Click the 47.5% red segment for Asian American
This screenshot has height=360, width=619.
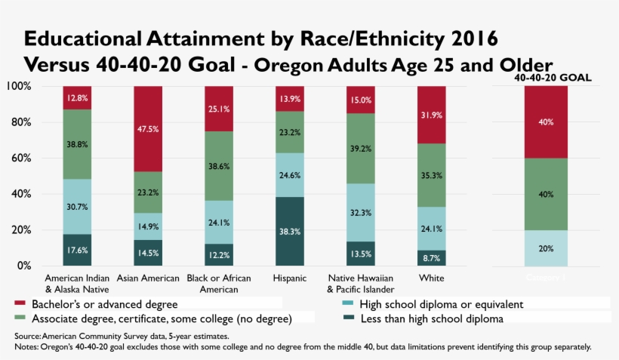click(149, 128)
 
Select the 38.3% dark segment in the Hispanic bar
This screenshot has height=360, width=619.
click(291, 231)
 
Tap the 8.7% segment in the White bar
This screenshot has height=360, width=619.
click(432, 258)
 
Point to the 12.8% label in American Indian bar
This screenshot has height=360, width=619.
click(78, 98)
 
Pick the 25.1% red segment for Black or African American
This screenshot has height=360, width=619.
click(220, 109)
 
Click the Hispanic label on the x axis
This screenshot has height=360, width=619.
click(291, 278)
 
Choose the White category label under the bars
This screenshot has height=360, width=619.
click(432, 278)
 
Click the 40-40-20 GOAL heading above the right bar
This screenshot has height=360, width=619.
click(552, 78)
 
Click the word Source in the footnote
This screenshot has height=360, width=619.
click(27, 336)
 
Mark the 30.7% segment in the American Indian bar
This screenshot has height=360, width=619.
click(78, 206)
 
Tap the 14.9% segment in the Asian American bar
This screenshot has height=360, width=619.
click(149, 226)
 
